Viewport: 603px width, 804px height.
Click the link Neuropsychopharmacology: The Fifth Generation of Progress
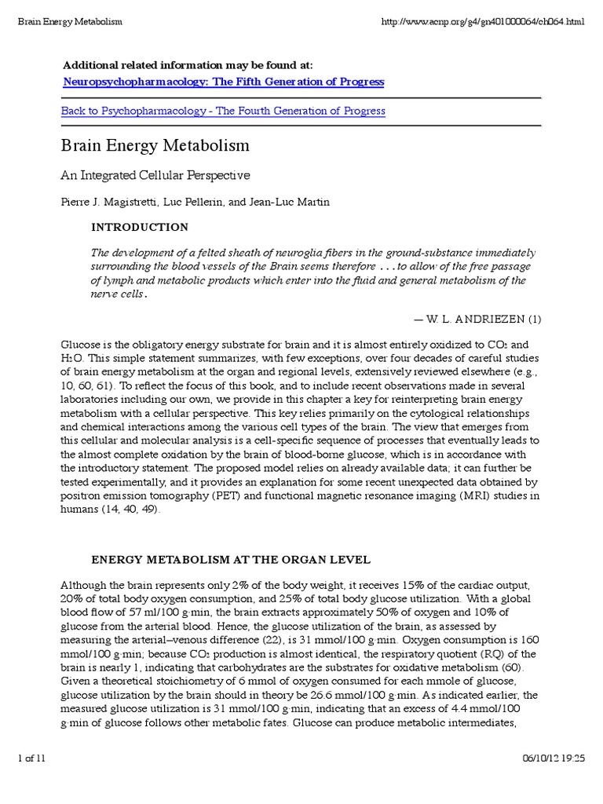223,82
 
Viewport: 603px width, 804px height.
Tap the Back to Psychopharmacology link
223,111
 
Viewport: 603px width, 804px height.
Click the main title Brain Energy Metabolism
155,146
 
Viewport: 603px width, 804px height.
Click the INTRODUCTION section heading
140,228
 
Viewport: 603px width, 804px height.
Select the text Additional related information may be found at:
181,65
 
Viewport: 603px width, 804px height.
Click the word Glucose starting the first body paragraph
79,343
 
